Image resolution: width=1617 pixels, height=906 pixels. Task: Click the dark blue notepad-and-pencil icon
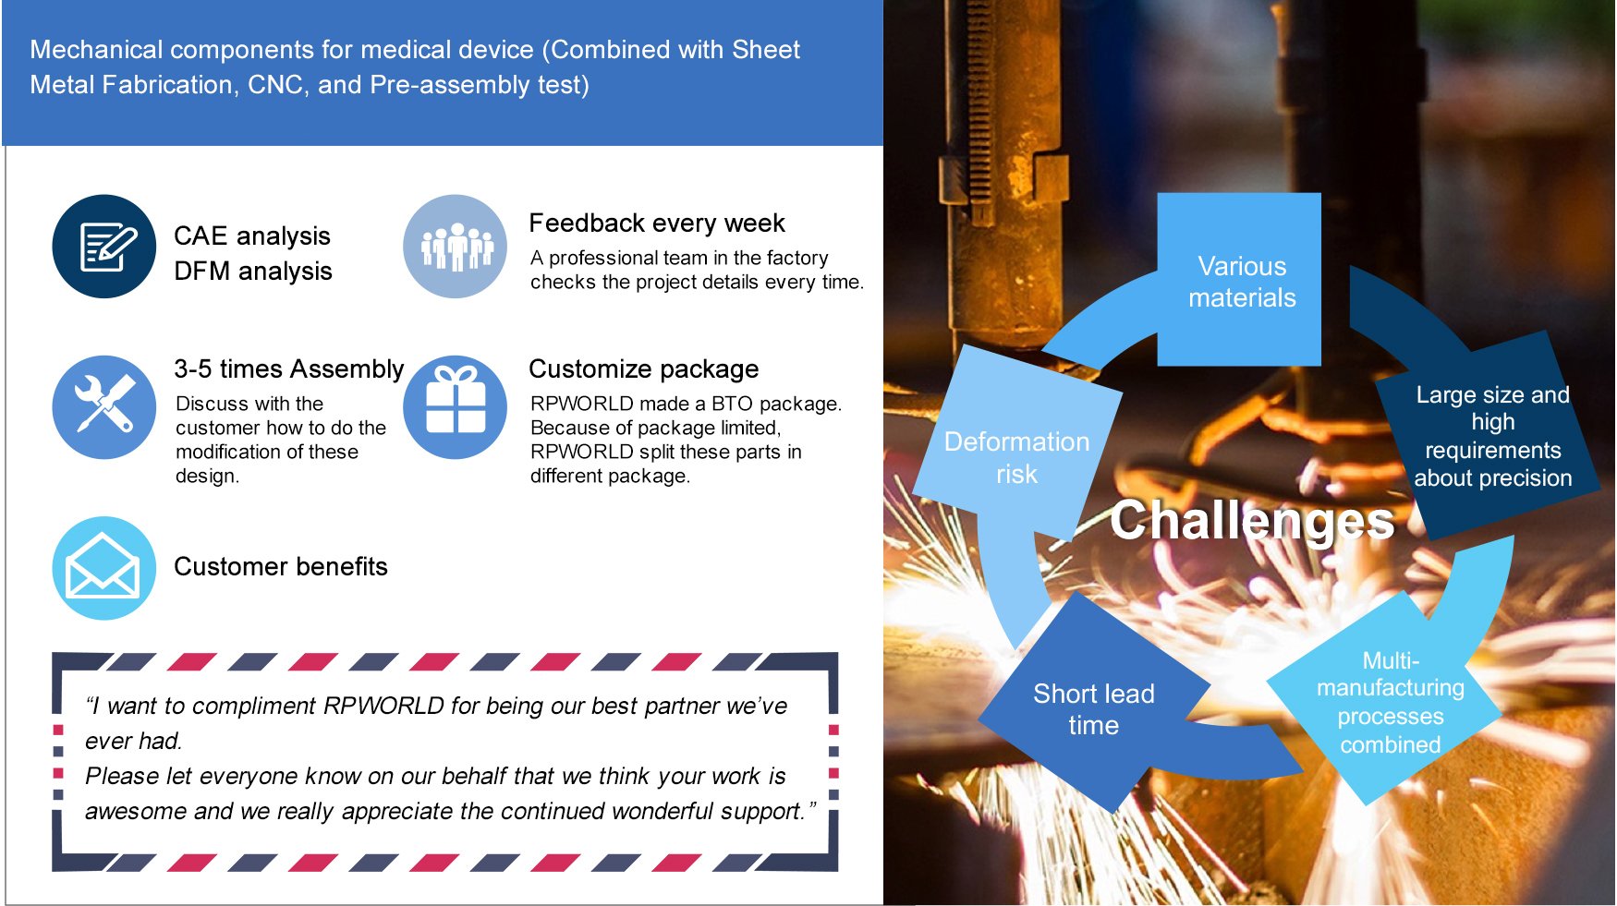coord(104,247)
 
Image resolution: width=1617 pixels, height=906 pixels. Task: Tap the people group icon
coord(456,247)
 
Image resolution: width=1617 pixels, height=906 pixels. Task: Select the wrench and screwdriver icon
coord(104,407)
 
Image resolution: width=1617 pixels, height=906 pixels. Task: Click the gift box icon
coord(456,407)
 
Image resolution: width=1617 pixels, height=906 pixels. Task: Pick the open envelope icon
coord(104,568)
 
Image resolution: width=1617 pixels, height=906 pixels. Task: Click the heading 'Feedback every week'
coord(657,223)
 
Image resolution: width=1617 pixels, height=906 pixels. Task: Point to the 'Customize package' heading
coord(644,369)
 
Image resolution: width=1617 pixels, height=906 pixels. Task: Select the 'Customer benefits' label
coord(281,567)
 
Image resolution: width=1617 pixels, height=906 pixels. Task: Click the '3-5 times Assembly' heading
coord(289,369)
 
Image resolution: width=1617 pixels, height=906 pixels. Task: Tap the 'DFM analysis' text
coord(253,272)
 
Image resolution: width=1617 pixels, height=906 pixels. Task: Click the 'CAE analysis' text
coord(252,236)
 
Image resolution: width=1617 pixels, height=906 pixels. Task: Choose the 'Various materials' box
coord(1239,280)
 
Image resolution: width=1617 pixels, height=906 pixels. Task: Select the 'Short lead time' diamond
coord(1095,703)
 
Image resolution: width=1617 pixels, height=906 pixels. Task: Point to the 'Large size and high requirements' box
coord(1489,435)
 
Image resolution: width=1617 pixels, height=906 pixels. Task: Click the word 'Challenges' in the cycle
coord(1252,521)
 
